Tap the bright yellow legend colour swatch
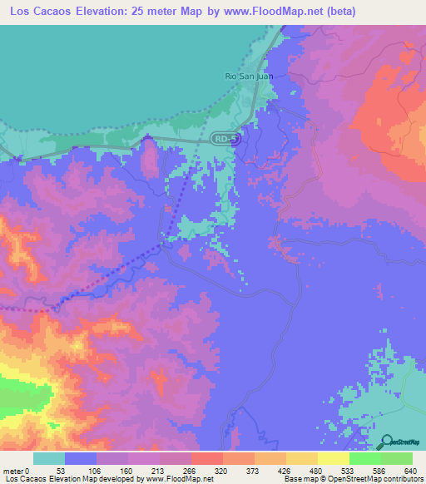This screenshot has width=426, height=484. tap(333, 458)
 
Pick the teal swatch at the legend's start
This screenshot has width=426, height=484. tap(49, 458)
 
